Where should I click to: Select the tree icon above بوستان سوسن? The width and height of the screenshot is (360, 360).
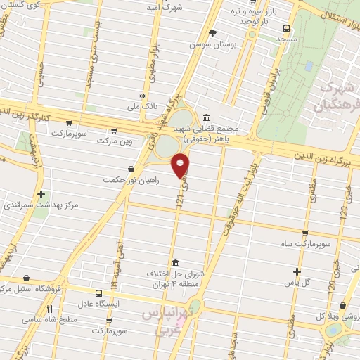(x=212, y=32)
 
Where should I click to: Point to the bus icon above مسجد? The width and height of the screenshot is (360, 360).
(x=285, y=28)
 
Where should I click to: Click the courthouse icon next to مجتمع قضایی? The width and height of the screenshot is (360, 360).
(x=205, y=117)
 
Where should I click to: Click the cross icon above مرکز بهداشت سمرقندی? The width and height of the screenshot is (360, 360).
(x=41, y=194)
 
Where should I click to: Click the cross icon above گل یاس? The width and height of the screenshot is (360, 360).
(x=297, y=271)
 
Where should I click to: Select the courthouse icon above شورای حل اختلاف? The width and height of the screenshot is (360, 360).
(x=174, y=263)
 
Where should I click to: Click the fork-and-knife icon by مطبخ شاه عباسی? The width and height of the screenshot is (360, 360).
(x=49, y=308)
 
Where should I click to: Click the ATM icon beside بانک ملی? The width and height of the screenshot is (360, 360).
(x=143, y=95)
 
